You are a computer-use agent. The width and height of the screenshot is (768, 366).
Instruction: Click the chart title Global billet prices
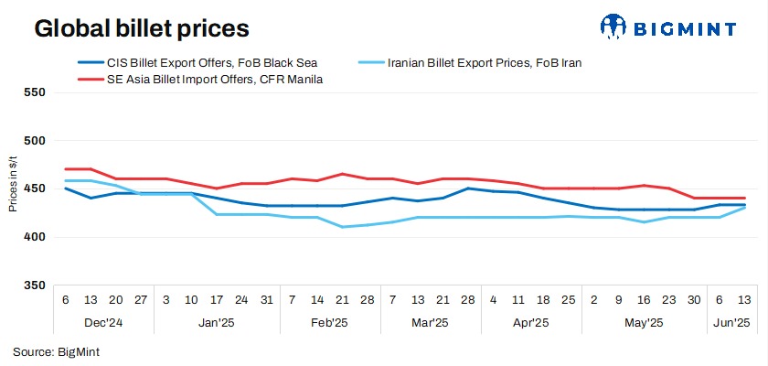point(142,29)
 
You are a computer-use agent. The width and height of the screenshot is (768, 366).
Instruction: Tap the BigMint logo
point(668,27)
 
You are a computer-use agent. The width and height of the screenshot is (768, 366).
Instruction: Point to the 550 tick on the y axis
point(33,92)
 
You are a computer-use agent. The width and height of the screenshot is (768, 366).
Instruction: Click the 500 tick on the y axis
point(33,141)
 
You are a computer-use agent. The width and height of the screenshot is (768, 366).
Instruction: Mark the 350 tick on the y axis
point(33,285)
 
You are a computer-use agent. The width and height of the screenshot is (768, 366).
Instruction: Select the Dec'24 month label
point(103,322)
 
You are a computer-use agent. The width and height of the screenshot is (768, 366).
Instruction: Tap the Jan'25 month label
point(216,322)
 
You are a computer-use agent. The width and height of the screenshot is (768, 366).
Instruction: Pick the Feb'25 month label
point(328,322)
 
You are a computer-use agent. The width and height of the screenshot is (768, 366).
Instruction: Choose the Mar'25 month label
point(429,322)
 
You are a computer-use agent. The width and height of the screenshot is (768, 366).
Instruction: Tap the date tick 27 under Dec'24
point(141,300)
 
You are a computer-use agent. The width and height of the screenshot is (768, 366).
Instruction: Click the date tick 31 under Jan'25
point(265,300)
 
